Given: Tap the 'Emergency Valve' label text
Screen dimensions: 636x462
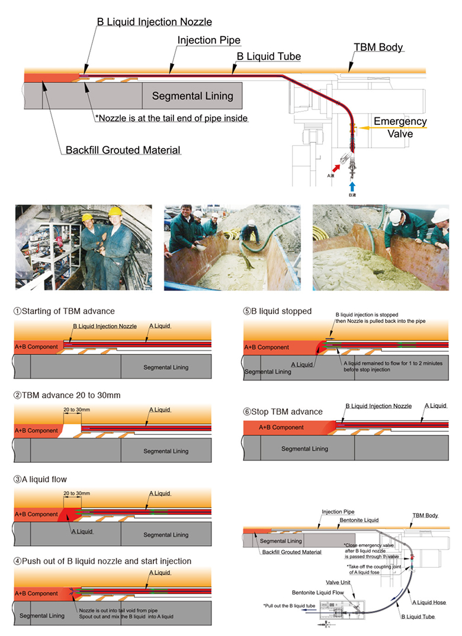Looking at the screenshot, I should tap(400, 127).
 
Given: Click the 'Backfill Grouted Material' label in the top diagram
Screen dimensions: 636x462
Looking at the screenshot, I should tap(123, 151).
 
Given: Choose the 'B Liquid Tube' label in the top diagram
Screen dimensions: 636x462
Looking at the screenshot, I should tap(269, 57).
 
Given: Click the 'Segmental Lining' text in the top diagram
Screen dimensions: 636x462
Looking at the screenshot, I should tap(192, 96).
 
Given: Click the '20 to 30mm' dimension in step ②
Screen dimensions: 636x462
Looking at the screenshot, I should tap(77, 410).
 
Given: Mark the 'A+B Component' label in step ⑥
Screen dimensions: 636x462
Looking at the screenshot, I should tap(281, 427).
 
